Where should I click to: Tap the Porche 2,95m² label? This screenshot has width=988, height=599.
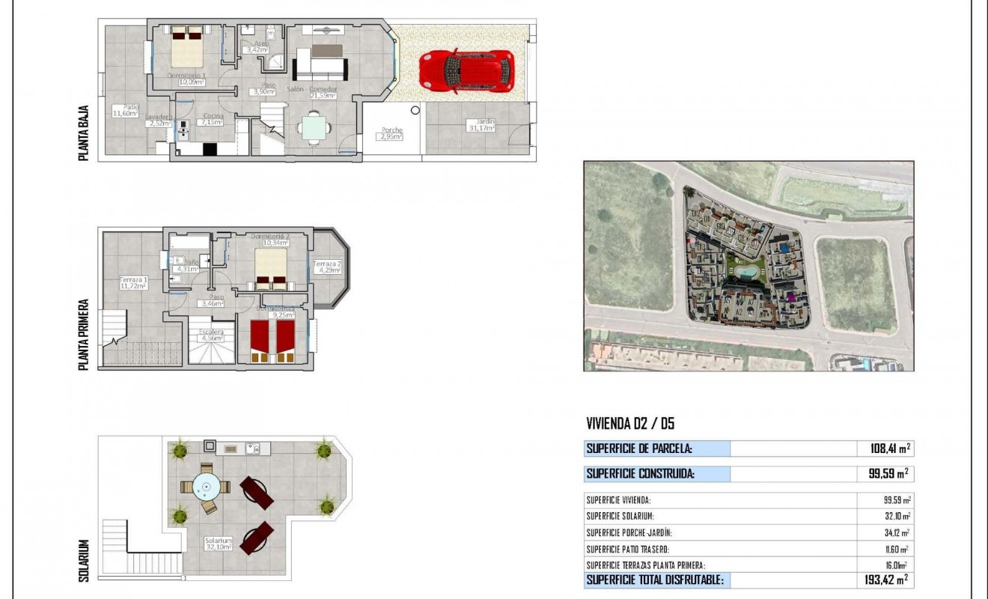(x=391, y=133)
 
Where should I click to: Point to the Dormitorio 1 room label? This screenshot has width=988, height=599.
(x=186, y=79)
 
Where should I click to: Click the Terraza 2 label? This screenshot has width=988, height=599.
(x=327, y=267)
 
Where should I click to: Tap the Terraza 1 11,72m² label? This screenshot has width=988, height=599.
(x=133, y=284)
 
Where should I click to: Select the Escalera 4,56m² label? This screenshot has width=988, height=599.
(x=210, y=335)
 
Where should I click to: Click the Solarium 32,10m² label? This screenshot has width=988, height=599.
(x=219, y=543)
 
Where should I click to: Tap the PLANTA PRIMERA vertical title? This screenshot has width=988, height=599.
(x=84, y=335)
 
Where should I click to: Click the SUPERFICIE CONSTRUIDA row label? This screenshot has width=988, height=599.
(x=640, y=474)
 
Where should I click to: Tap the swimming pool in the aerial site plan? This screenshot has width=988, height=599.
(x=745, y=270)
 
